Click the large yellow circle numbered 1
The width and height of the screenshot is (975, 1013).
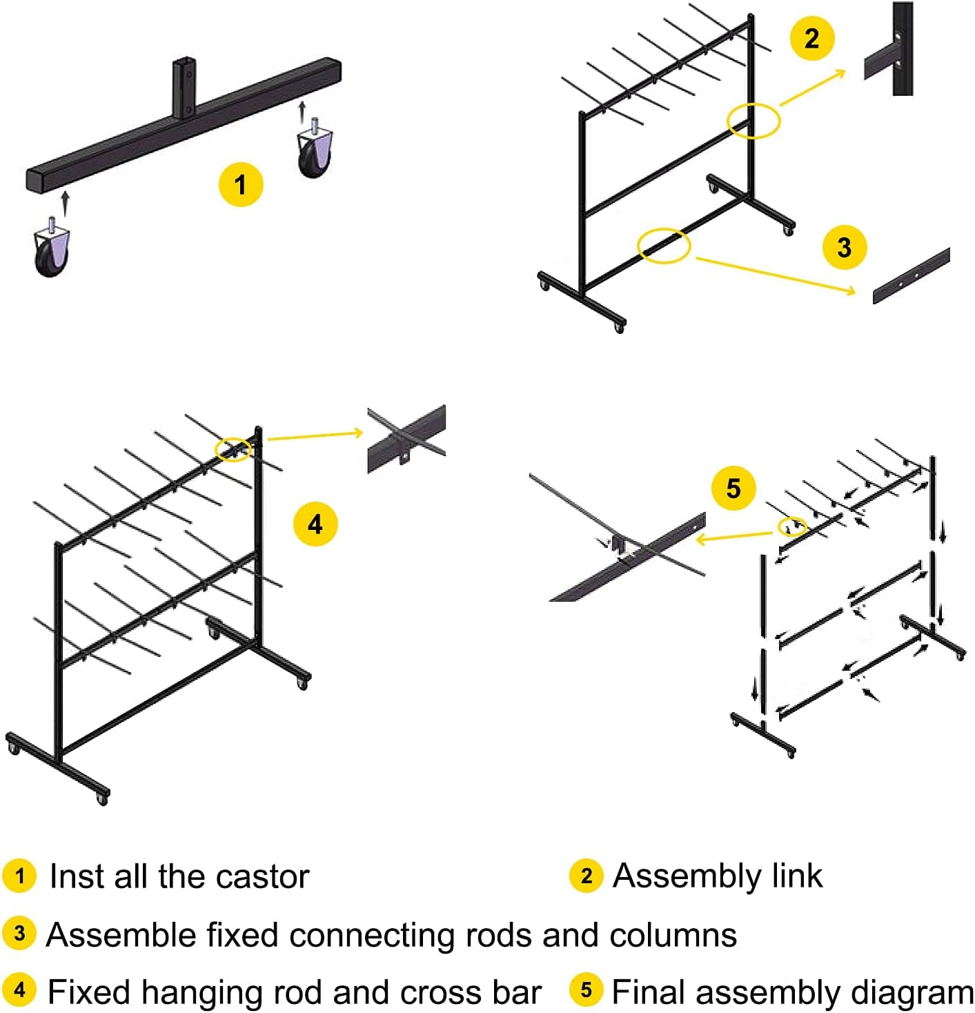point(241,184)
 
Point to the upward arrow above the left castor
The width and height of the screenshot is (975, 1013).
point(65,203)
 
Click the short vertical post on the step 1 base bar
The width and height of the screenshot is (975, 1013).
point(184,88)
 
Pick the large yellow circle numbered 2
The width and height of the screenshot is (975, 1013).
point(811,38)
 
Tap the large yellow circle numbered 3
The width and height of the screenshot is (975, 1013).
point(845,247)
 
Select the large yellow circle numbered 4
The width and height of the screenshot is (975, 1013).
point(315,524)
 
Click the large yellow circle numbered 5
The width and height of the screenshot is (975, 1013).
point(733,489)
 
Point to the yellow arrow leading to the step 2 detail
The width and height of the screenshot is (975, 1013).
point(813,88)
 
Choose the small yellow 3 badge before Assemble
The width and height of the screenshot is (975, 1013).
point(19,934)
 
